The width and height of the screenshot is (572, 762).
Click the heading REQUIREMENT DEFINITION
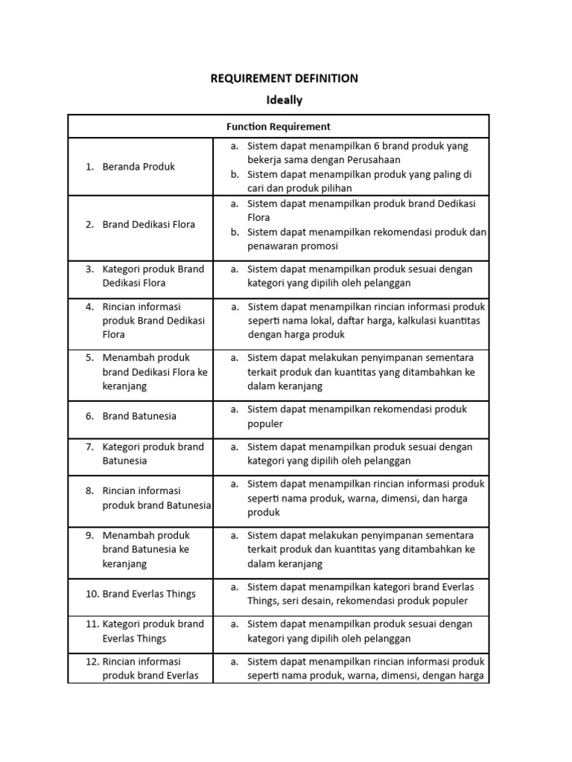[285, 78]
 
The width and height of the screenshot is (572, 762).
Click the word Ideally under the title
[285, 99]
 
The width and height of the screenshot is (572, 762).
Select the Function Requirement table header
[279, 127]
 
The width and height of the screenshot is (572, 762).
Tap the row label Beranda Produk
[139, 167]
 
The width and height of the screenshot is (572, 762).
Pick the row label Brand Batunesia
[139, 416]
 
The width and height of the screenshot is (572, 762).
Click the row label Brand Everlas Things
[149, 594]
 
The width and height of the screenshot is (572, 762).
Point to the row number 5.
[89, 357]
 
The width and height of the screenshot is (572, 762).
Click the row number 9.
[89, 535]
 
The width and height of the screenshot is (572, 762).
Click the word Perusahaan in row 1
[373, 160]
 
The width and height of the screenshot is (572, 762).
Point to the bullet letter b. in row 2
[234, 232]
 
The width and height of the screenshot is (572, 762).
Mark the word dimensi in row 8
[404, 499]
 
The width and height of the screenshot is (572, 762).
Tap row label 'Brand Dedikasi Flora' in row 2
[149, 224]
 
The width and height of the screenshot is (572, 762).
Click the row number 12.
[92, 661]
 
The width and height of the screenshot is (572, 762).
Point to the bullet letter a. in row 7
[234, 446]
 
